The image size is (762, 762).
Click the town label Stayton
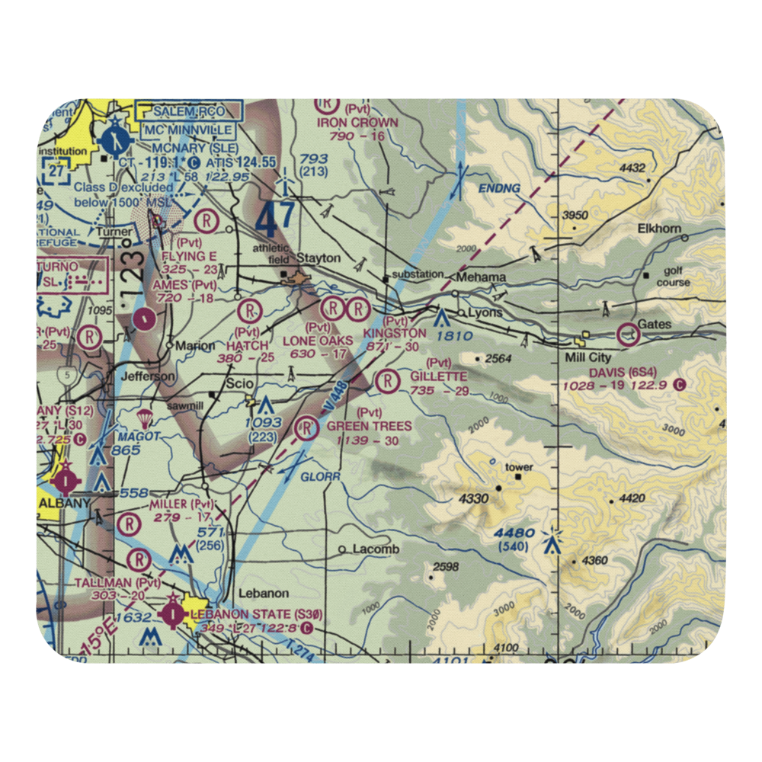(318, 258)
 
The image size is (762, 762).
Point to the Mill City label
(584, 357)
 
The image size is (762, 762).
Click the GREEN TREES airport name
(369, 426)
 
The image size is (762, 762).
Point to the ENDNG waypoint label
(499, 187)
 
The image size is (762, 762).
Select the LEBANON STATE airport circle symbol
(174, 613)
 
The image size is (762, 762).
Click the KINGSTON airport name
(394, 334)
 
